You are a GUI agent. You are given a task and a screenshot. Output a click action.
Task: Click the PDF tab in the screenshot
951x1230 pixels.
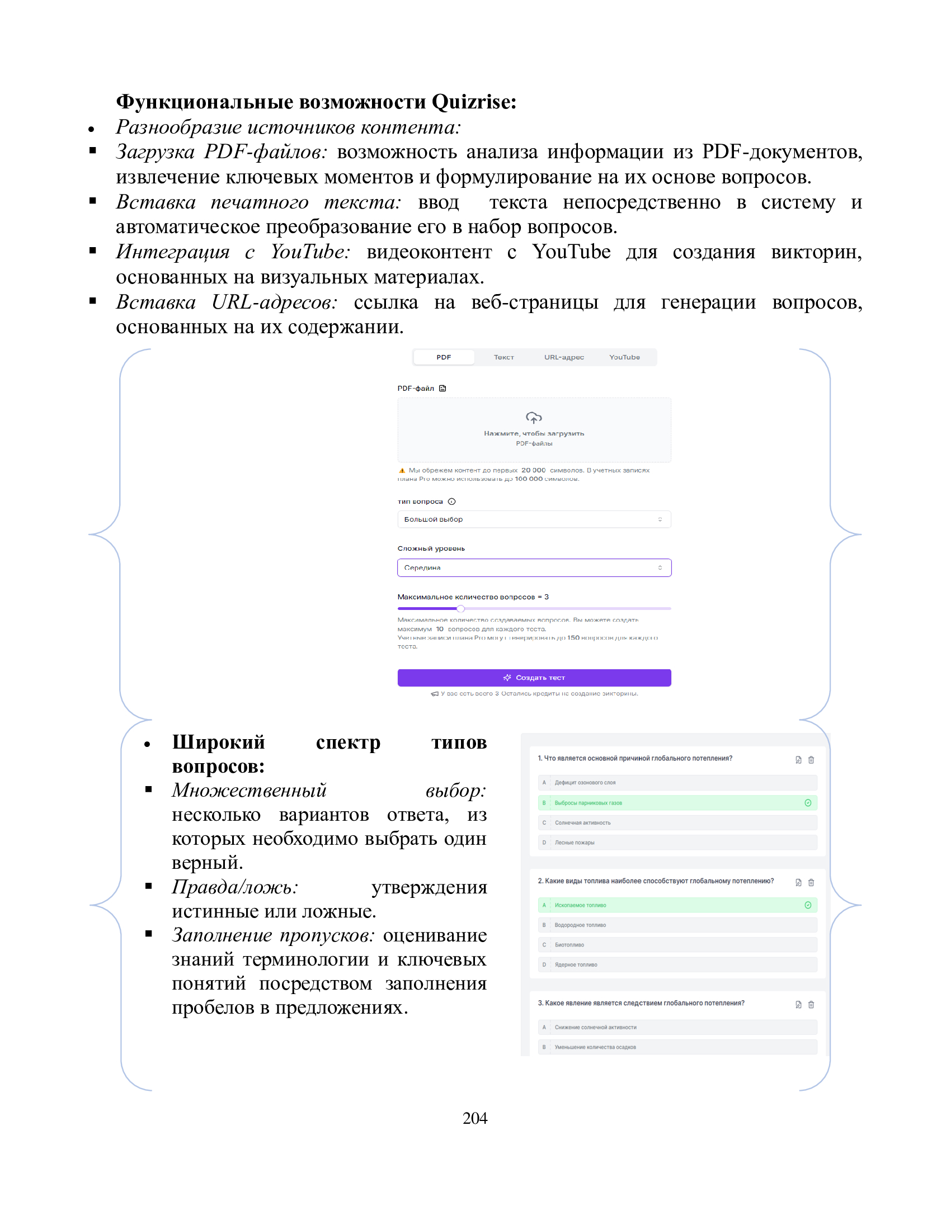click(444, 357)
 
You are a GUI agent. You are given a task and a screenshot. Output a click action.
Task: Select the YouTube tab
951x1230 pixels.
click(624, 357)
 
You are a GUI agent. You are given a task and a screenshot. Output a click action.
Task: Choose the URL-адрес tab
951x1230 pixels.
click(564, 357)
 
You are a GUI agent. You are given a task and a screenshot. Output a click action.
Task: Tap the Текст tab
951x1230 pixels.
click(503, 357)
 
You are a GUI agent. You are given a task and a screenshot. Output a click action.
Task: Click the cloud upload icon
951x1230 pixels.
click(534, 417)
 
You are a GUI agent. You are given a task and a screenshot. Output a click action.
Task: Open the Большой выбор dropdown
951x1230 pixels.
click(534, 519)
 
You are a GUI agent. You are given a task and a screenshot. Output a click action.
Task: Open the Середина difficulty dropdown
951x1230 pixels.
click(534, 567)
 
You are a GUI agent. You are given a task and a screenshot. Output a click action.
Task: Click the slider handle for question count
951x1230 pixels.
click(461, 609)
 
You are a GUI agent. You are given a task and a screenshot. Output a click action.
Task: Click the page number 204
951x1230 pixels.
click(475, 1118)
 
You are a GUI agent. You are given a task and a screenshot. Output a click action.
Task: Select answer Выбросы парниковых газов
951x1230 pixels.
click(588, 803)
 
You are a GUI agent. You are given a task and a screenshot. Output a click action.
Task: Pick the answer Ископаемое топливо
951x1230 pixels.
click(580, 906)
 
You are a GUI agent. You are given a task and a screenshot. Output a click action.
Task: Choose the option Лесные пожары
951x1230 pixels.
click(574, 843)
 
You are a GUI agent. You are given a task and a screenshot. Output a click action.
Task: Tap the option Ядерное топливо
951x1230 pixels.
click(576, 966)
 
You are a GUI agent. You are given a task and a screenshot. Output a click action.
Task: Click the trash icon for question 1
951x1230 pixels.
click(811, 760)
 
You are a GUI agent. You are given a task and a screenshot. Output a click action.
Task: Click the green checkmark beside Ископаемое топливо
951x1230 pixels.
click(808, 906)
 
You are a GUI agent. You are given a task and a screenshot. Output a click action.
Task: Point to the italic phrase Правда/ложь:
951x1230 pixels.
click(235, 888)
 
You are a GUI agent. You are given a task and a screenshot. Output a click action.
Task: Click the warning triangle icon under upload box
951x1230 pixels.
click(402, 471)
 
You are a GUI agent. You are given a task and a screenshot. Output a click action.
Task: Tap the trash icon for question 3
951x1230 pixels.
click(811, 1005)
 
